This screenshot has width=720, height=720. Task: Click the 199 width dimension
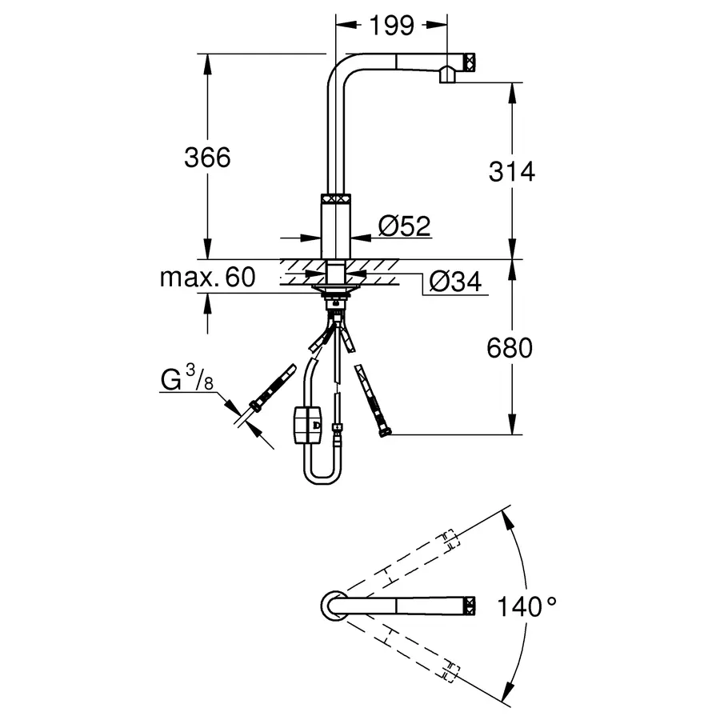click(392, 26)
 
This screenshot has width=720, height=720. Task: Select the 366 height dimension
click(207, 158)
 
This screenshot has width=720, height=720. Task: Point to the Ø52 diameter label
click(404, 227)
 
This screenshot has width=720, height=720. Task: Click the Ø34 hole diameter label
click(454, 282)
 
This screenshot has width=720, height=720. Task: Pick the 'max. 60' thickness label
click(207, 278)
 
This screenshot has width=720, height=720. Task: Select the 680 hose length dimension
click(509, 348)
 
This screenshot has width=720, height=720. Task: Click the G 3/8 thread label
click(186, 378)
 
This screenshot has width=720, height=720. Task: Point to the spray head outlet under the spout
click(447, 76)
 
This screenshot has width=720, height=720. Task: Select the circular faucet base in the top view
click(334, 606)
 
